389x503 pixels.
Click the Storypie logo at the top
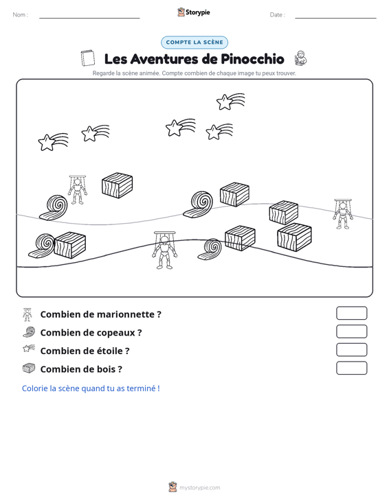[194, 12]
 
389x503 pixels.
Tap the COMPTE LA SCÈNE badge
[194, 43]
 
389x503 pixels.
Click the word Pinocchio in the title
[252, 59]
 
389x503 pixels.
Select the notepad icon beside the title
[88, 58]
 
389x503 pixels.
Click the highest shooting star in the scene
[230, 102]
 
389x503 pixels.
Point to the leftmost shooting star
[53, 142]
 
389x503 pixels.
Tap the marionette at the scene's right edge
[343, 214]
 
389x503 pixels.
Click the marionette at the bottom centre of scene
[164, 250]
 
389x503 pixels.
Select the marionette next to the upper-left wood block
[78, 190]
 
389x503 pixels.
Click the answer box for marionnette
[351, 313]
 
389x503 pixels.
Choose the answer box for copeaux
[351, 331]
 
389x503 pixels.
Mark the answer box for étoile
[351, 350]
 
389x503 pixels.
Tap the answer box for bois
[351, 368]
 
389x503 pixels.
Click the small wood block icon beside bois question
[29, 369]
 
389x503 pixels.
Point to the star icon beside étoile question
[29, 348]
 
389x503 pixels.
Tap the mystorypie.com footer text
[199, 488]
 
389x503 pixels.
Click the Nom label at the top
[20, 15]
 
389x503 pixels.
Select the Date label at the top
[277, 15]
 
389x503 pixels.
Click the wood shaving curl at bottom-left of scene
[41, 246]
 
